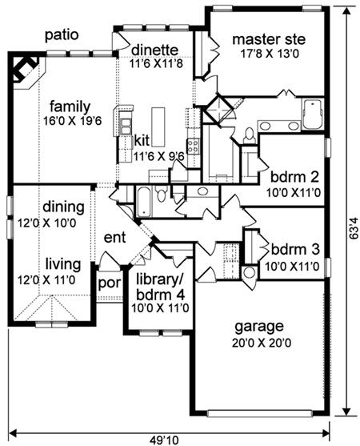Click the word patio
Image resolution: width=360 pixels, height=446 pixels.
click(62, 35)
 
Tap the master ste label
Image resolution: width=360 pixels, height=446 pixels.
click(269, 39)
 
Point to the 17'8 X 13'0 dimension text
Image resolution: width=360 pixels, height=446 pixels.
click(269, 54)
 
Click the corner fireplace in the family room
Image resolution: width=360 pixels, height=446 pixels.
click(25, 69)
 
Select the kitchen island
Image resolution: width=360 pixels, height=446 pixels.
click(158, 127)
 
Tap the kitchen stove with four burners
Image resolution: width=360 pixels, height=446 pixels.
click(194, 146)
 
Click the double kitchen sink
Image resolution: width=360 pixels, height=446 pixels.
click(126, 126)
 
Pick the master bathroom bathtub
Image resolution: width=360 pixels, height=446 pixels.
click(312, 114)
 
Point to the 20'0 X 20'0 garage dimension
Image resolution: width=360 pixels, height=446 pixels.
click(262, 343)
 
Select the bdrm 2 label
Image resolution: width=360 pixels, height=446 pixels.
click(294, 178)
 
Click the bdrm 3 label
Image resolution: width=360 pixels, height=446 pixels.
click(295, 250)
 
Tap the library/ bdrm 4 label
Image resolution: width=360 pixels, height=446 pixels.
click(161, 287)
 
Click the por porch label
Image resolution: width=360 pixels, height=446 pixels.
click(110, 283)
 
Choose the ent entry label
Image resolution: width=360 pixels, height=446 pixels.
click(114, 237)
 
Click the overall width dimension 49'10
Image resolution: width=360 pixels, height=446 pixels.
click(164, 440)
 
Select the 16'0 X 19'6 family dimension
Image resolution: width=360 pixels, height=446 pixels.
click(72, 121)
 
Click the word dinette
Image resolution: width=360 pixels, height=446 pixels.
click(155, 50)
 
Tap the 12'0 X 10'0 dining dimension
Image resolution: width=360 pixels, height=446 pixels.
click(47, 223)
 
